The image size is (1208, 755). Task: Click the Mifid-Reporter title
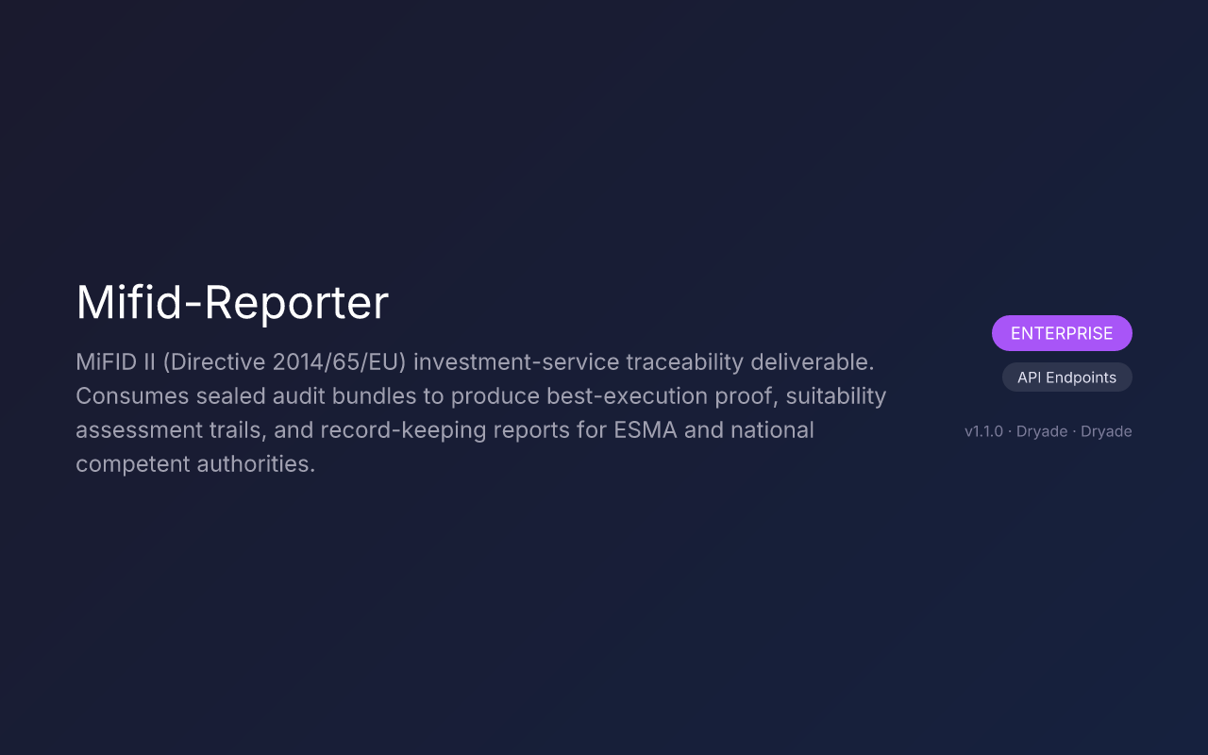pos(232,303)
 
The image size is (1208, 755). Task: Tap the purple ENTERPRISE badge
pos(1062,333)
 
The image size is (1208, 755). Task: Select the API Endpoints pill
pos(1066,377)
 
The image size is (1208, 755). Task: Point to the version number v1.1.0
pos(983,431)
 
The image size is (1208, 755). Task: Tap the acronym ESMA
pos(646,430)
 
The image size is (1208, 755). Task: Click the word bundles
pos(372,396)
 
